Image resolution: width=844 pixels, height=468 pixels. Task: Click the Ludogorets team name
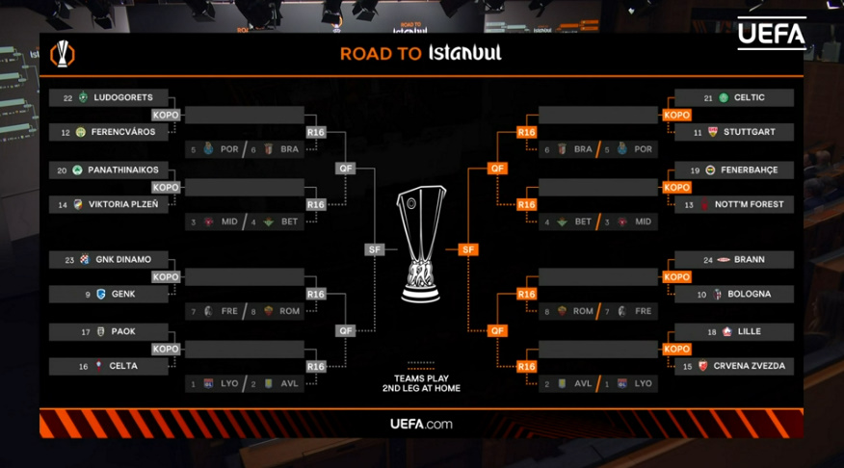pyautogui.click(x=123, y=97)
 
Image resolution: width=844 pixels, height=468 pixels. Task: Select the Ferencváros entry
pyautogui.click(x=123, y=132)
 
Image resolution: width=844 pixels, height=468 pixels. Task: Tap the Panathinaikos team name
pyautogui.click(x=123, y=170)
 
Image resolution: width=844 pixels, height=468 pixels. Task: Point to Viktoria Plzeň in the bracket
pyautogui.click(x=123, y=204)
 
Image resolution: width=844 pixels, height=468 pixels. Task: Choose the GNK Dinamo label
pyautogui.click(x=123, y=259)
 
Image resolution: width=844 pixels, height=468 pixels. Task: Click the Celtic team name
pyautogui.click(x=750, y=97)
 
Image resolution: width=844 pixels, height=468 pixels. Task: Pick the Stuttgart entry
pyautogui.click(x=750, y=132)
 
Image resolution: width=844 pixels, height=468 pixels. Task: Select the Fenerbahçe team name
pyautogui.click(x=750, y=170)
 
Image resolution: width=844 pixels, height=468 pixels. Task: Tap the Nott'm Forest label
pyautogui.click(x=750, y=204)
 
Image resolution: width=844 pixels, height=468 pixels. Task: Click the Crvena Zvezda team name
pyautogui.click(x=750, y=366)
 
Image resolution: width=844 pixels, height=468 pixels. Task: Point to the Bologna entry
pyautogui.click(x=750, y=295)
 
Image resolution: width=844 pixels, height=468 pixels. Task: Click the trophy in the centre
pyautogui.click(x=421, y=244)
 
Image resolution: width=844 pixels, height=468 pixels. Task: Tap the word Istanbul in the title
pyautogui.click(x=465, y=53)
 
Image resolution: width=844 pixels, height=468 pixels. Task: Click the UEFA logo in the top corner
pyautogui.click(x=772, y=34)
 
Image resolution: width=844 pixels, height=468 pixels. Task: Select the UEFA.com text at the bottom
pyautogui.click(x=421, y=424)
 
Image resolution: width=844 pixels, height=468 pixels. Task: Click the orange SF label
pyautogui.click(x=468, y=249)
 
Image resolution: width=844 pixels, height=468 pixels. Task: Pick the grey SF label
pyautogui.click(x=374, y=249)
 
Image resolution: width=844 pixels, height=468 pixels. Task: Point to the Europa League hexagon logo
pyautogui.click(x=63, y=54)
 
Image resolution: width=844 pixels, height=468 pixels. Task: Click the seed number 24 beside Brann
pyautogui.click(x=708, y=260)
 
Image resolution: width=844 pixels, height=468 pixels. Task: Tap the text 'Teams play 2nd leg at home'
pyautogui.click(x=421, y=383)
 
